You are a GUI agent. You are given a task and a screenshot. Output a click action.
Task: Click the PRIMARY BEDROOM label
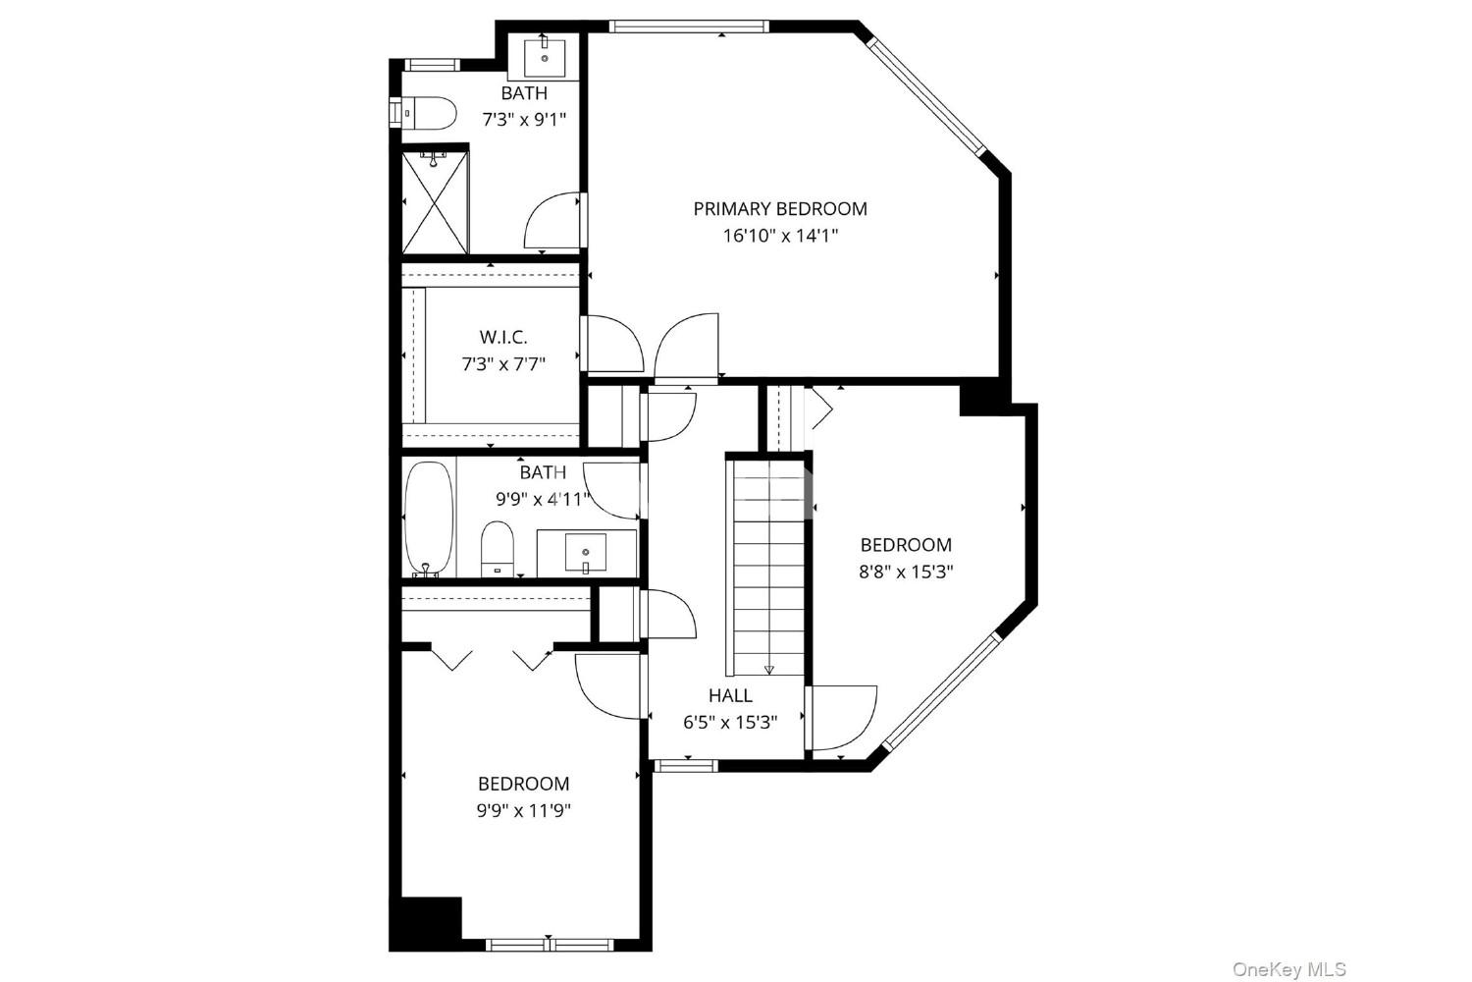click(780, 209)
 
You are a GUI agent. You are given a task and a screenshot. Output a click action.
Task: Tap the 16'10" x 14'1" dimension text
click(780, 236)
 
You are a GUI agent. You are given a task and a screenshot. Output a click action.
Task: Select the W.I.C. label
click(503, 338)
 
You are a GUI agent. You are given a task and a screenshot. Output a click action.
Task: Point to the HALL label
click(730, 695)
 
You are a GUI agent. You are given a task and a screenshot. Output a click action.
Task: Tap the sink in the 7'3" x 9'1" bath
click(545, 57)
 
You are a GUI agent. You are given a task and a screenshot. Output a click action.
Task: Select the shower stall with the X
click(435, 202)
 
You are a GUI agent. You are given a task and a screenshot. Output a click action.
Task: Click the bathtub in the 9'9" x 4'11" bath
click(429, 519)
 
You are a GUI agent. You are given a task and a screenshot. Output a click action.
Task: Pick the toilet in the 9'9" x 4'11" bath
click(498, 550)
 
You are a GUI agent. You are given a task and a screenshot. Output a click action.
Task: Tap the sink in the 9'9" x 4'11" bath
click(586, 553)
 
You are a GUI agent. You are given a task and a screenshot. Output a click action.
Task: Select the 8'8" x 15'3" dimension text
click(906, 572)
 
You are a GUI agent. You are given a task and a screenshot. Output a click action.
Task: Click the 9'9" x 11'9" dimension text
click(523, 811)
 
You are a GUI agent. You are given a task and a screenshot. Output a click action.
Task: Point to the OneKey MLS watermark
click(1289, 969)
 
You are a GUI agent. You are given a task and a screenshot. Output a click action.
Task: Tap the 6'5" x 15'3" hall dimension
click(730, 722)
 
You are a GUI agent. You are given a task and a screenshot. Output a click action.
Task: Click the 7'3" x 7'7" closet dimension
click(503, 363)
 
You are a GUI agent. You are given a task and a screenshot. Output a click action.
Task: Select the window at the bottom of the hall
click(686, 765)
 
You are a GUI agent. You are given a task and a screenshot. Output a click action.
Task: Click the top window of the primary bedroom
click(689, 27)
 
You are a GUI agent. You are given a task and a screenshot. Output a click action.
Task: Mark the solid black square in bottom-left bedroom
click(426, 924)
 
